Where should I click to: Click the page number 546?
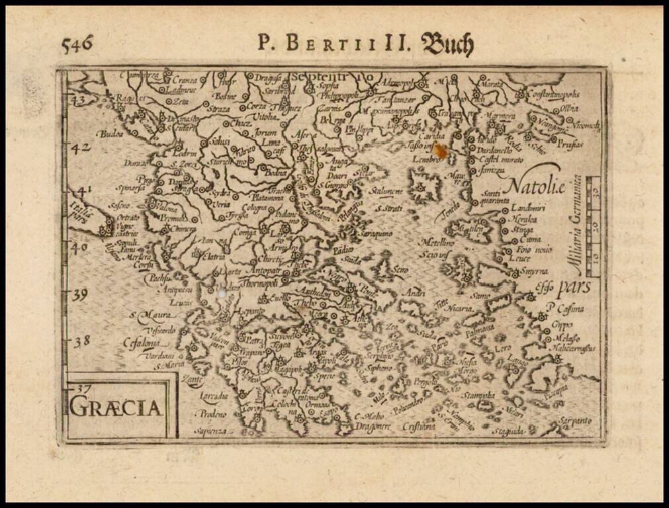(x=77, y=45)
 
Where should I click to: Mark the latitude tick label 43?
(x=79, y=100)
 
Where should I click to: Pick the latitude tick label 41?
(x=82, y=192)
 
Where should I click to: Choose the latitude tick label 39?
(x=79, y=294)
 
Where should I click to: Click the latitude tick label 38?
(x=81, y=341)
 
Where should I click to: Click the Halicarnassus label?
(x=571, y=348)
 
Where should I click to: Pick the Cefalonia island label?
(x=141, y=343)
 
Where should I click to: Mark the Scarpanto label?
(x=573, y=420)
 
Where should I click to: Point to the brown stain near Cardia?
(x=439, y=151)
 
